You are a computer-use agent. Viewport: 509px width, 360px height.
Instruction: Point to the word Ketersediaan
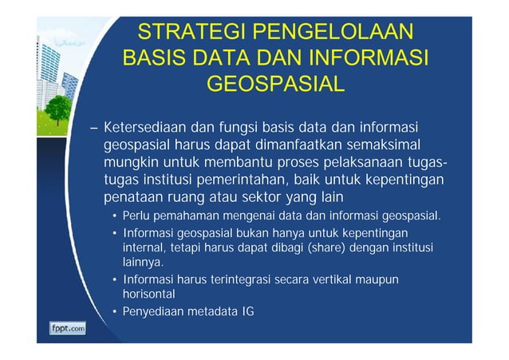pyautogui.click(x=145, y=129)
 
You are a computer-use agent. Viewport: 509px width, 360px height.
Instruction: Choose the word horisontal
pyautogui.click(x=148, y=294)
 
